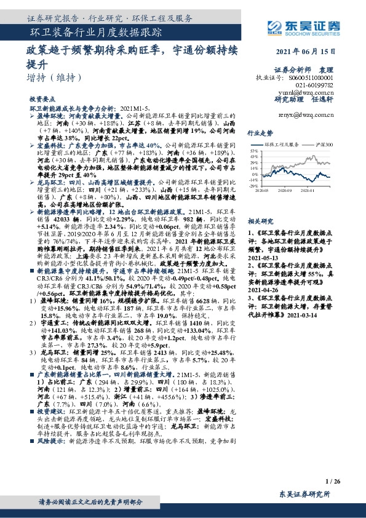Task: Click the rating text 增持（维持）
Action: tap(54, 78)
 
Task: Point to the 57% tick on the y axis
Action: tap(253, 150)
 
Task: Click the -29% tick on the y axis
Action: tap(253, 185)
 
